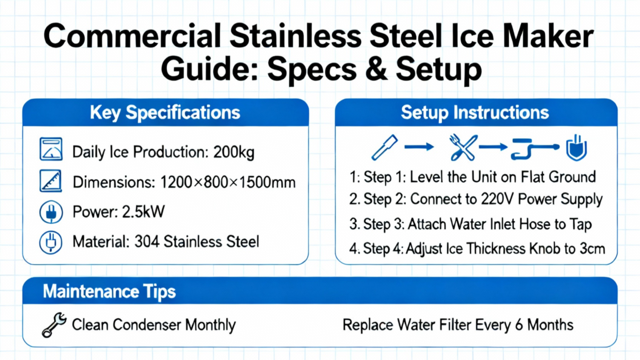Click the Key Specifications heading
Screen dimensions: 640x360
pyautogui.click(x=165, y=113)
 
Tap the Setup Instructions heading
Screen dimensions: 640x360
pyautogui.click(x=475, y=112)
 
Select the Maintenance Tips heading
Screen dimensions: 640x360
pyautogui.click(x=109, y=291)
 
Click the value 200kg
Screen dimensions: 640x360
pyautogui.click(x=234, y=152)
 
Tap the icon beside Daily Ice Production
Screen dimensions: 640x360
pyautogui.click(x=51, y=149)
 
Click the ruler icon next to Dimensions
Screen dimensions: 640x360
pyautogui.click(x=51, y=181)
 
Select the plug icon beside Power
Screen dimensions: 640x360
pyautogui.click(x=51, y=212)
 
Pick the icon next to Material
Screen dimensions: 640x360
pyautogui.click(x=51, y=242)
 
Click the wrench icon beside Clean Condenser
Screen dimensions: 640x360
pyautogui.click(x=54, y=325)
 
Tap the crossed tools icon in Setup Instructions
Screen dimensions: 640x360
pyautogui.click(x=463, y=147)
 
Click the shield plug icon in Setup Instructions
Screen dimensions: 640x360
pyautogui.click(x=576, y=147)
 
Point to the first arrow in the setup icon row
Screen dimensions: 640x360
pyautogui.click(x=419, y=146)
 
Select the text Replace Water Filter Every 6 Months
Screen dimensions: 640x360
pyautogui.click(x=458, y=325)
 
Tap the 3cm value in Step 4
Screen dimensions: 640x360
pyautogui.click(x=592, y=249)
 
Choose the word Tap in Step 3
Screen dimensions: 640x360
pyautogui.click(x=581, y=224)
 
